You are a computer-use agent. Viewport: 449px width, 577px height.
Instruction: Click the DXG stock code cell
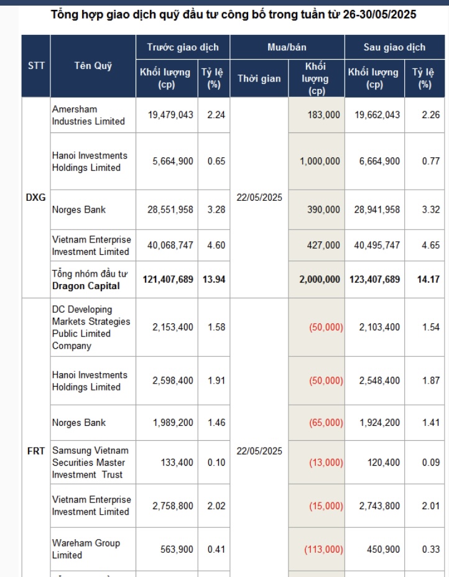pos(36,198)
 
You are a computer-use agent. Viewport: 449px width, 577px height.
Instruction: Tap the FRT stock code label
pos(36,451)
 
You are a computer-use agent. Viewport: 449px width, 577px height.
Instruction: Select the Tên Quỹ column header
pos(93,66)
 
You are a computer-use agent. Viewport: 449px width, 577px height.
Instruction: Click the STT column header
pos(36,66)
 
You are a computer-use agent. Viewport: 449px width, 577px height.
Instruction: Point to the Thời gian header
pos(259,78)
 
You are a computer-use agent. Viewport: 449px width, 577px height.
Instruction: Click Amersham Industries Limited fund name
pos(88,115)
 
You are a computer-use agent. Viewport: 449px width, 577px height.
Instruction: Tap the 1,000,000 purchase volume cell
pos(320,161)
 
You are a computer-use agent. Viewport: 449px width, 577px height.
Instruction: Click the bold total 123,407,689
pos(375,279)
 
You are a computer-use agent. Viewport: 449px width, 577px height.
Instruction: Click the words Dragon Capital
pos(85,286)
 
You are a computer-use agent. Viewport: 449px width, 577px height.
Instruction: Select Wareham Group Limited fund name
pos(86,549)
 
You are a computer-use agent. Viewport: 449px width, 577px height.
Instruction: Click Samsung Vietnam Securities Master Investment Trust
pos(91,463)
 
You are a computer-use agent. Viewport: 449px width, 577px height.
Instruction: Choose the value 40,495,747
pos(375,246)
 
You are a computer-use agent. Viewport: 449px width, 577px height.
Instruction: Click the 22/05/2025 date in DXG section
pos(259,198)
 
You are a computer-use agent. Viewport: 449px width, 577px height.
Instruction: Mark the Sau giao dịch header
pos(394,47)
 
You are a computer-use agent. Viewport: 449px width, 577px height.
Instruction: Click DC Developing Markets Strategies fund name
pos(91,328)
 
